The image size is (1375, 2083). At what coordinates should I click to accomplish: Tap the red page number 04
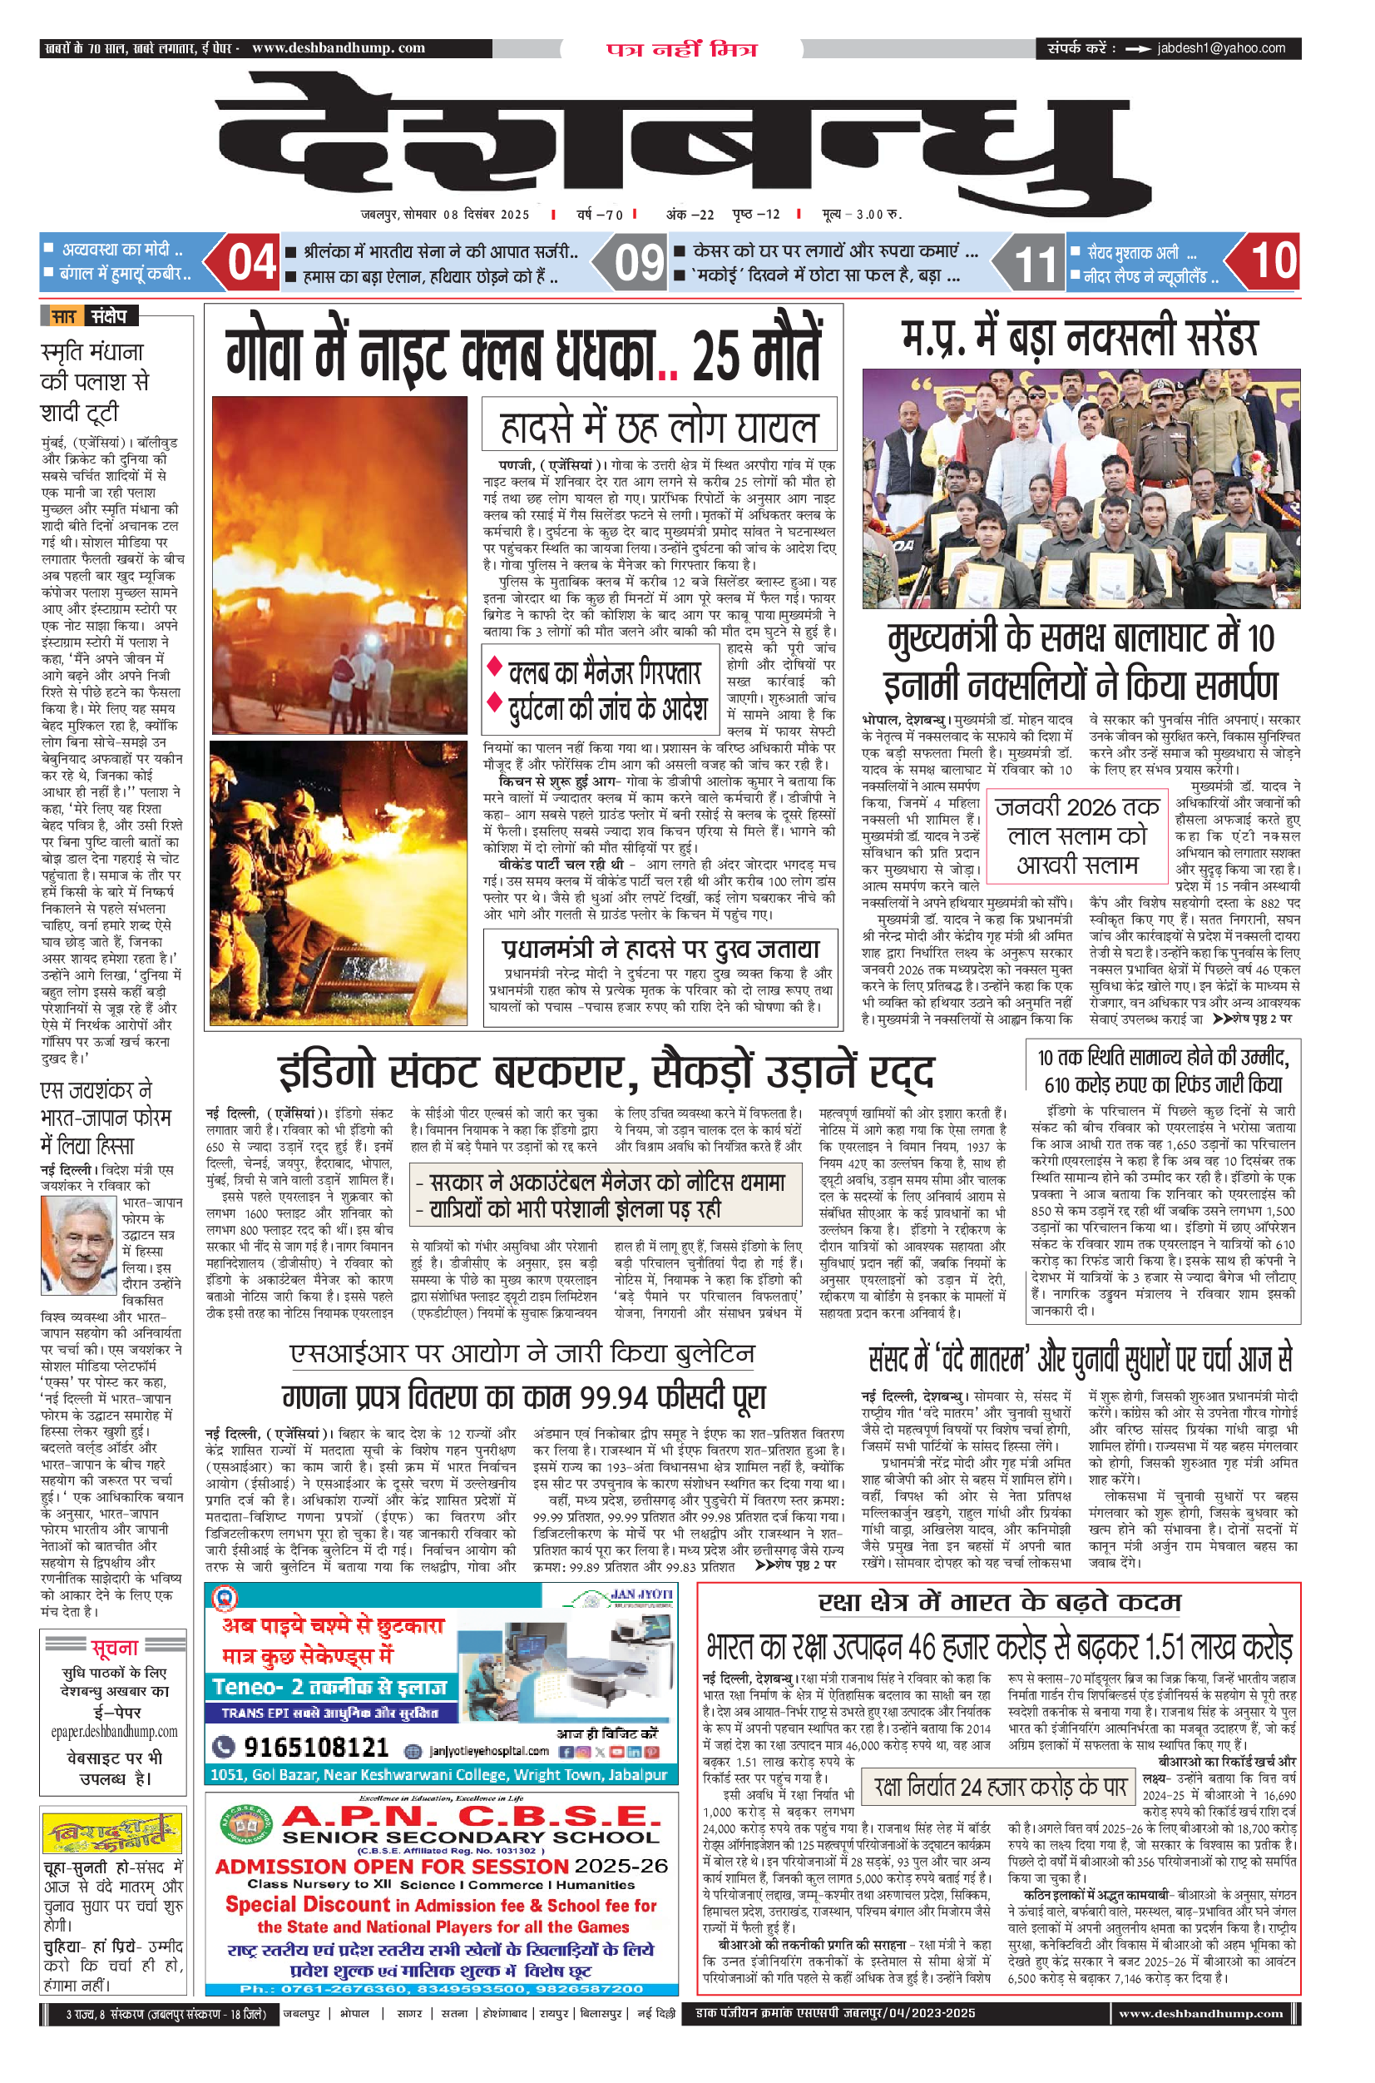pyautogui.click(x=252, y=262)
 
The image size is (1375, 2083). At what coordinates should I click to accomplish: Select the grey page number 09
pyautogui.click(x=637, y=262)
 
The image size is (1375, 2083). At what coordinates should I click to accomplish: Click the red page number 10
pyautogui.click(x=1274, y=261)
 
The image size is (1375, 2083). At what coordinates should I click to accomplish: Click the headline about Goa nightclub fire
pyautogui.click(x=523, y=354)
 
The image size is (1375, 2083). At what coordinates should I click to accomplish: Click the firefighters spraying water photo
pyautogui.click(x=339, y=882)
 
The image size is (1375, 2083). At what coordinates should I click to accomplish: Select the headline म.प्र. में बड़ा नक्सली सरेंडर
pyautogui.click(x=1080, y=337)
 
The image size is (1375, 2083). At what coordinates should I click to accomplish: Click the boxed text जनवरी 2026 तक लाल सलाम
pyautogui.click(x=1077, y=835)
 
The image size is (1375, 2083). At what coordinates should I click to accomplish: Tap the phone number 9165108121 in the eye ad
pyautogui.click(x=316, y=1747)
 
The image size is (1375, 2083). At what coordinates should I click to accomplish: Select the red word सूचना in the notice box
pyautogui.click(x=114, y=1647)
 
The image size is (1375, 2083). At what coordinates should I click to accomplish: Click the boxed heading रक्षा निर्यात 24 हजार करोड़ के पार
pyautogui.click(x=1000, y=1787)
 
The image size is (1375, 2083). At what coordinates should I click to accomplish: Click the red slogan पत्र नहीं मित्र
pyautogui.click(x=681, y=49)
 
